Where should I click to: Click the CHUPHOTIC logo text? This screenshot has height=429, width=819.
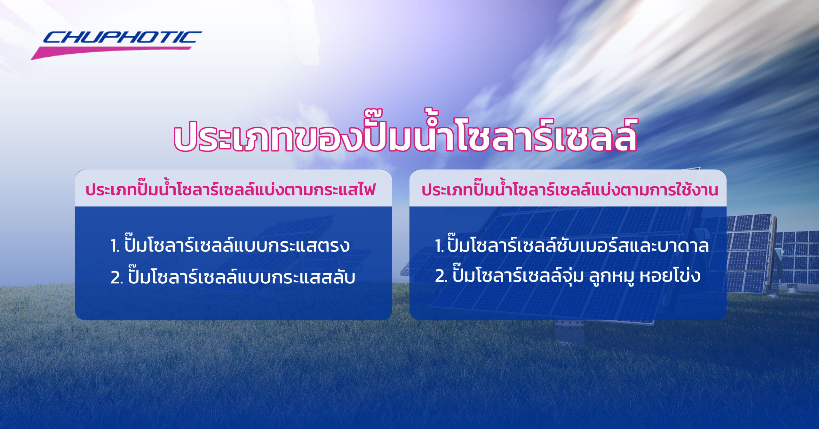click(x=122, y=37)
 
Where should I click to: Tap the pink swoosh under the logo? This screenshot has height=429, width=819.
click(x=110, y=52)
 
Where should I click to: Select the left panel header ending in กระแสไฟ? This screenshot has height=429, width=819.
click(x=230, y=190)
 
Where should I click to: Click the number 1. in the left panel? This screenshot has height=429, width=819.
click(x=115, y=246)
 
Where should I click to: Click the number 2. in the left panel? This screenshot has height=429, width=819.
click(x=117, y=278)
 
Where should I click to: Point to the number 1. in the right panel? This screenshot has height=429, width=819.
click(x=439, y=246)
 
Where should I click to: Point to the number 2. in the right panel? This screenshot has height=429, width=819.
click(x=441, y=276)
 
